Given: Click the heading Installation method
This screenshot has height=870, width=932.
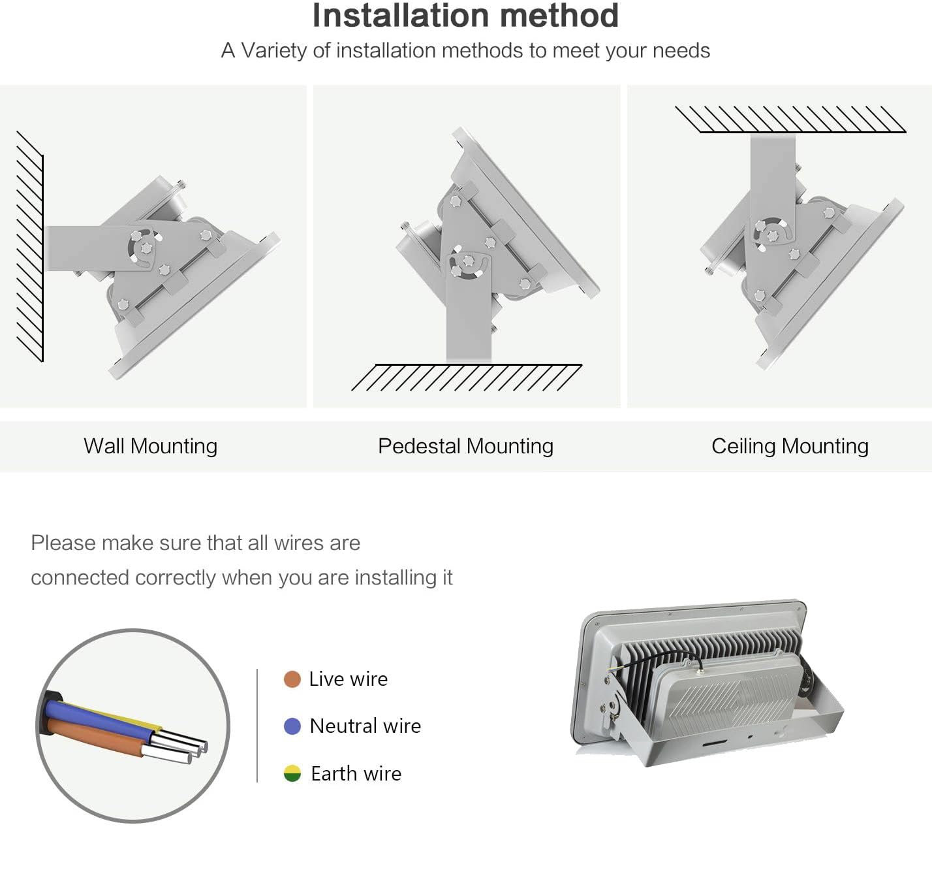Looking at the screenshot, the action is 465,16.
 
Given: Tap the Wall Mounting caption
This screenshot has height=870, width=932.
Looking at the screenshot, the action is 151,446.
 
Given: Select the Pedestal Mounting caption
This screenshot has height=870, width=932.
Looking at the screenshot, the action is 465,446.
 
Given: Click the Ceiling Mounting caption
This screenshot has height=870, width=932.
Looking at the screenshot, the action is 790,446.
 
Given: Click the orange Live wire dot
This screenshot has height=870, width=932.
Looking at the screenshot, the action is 292,679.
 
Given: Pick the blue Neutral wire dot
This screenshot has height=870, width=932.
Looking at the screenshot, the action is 292,726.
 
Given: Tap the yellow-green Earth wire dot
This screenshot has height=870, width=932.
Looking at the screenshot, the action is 292,773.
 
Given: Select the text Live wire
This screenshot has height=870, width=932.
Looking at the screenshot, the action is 349,679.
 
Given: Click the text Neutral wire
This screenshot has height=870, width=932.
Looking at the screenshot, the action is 365,726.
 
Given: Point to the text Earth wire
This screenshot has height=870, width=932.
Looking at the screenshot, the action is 356,774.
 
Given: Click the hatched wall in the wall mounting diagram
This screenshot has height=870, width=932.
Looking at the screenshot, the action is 30,246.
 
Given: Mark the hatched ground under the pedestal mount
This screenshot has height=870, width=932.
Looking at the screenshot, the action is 467,378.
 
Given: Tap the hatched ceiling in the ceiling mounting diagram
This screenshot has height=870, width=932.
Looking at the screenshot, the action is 790,120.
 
